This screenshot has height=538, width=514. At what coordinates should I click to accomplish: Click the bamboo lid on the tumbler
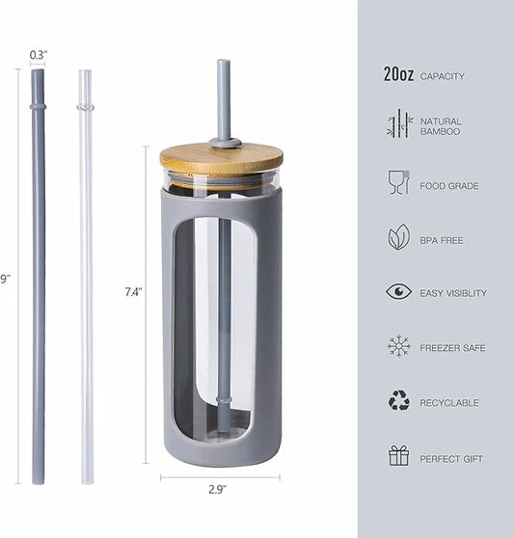(222, 157)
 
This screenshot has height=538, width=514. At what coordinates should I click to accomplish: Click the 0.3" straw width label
(38, 54)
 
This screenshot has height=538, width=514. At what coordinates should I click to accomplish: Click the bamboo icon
(398, 125)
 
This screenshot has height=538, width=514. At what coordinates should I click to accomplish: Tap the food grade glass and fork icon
(398, 183)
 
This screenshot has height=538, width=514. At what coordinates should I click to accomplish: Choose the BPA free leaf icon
(398, 238)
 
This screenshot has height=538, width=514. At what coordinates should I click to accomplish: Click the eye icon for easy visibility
(398, 292)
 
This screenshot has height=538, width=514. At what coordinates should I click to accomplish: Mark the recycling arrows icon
(398, 401)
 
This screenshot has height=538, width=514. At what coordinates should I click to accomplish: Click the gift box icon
(398, 456)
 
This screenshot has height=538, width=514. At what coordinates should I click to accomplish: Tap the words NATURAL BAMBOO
(440, 126)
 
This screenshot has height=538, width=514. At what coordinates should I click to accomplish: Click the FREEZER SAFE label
(452, 348)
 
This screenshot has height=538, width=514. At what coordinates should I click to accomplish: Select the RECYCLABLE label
(448, 403)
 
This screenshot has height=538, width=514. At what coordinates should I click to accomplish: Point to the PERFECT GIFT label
(451, 459)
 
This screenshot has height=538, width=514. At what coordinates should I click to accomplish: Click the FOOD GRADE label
(448, 186)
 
